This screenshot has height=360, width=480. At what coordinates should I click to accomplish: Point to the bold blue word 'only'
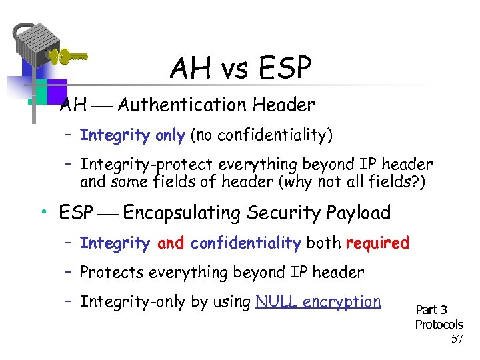[x=170, y=135]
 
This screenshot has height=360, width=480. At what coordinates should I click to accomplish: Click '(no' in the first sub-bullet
[x=203, y=135]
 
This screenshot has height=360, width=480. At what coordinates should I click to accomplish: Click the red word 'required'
[x=377, y=243]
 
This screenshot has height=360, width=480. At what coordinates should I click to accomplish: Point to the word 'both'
[x=323, y=243]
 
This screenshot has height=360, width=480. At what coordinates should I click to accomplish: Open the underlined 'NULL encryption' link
[x=318, y=302]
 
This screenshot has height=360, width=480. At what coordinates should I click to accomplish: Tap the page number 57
[x=457, y=339]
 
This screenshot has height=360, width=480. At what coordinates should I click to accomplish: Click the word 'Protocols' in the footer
[x=439, y=325]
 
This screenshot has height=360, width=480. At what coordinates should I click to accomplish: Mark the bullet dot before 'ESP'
[x=43, y=213]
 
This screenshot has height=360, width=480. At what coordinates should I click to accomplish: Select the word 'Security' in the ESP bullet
[x=285, y=213]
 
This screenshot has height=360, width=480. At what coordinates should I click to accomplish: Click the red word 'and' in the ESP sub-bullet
[x=171, y=243]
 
